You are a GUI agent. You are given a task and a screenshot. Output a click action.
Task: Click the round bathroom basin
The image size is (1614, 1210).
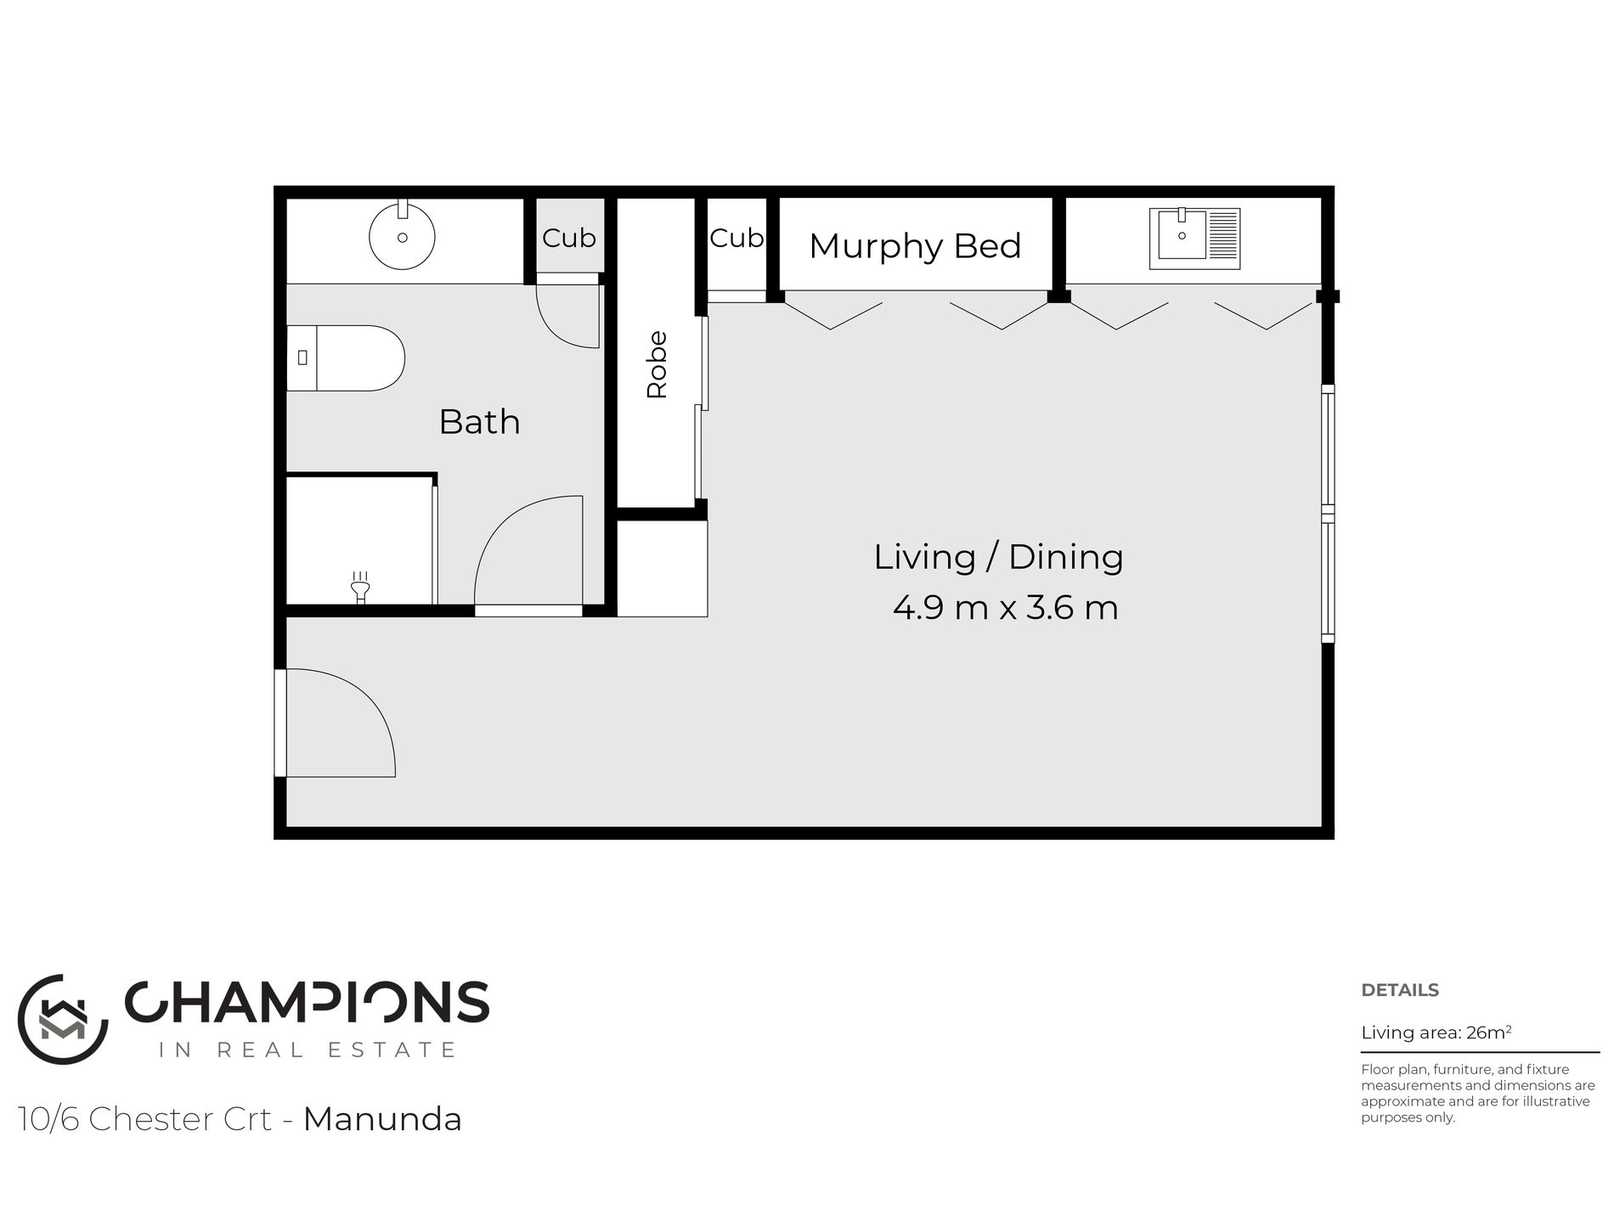click(x=402, y=235)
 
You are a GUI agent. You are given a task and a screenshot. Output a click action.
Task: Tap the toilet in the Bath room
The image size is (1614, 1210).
click(x=345, y=357)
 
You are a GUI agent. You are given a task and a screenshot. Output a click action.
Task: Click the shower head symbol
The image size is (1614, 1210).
click(x=360, y=586)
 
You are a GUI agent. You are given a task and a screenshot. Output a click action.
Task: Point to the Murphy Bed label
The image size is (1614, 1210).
click(x=915, y=246)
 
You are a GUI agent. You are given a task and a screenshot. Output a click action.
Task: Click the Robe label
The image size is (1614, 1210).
click(x=657, y=364)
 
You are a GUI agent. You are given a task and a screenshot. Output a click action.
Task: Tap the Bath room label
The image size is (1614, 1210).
click(x=479, y=422)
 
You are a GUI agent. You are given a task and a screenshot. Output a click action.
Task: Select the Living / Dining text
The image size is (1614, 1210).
click(x=998, y=557)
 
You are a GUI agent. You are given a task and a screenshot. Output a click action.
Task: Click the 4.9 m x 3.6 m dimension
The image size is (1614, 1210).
click(x=1005, y=608)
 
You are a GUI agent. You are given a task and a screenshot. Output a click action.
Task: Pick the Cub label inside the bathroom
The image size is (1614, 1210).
click(x=568, y=239)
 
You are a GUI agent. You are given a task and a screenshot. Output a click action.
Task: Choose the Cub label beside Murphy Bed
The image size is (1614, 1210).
click(x=736, y=239)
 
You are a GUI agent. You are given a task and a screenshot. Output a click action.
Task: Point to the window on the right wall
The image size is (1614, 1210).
click(x=1328, y=514)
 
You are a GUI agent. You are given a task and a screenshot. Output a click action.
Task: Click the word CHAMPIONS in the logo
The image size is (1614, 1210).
click(x=307, y=1003)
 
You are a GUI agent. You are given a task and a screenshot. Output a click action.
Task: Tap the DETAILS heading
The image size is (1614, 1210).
click(x=1400, y=990)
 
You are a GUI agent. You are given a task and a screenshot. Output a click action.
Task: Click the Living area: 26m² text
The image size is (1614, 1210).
click(x=1436, y=1033)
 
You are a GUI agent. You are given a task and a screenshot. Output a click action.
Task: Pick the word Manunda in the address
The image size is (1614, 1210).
click(x=382, y=1119)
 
